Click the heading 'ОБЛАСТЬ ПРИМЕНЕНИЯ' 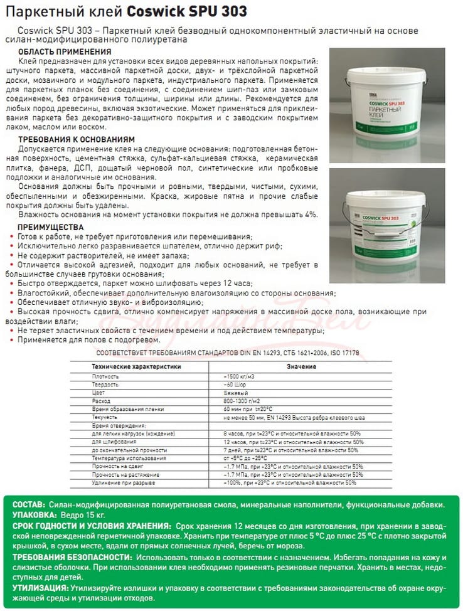[65, 51]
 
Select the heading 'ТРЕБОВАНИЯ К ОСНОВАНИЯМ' [76, 139]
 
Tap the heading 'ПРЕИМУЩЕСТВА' [50, 226]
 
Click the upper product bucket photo [386, 103]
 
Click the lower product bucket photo [386, 217]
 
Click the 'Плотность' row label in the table [105, 376]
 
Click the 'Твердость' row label [105, 384]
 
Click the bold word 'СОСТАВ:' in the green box [28, 505]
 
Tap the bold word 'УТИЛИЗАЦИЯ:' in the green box [40, 588]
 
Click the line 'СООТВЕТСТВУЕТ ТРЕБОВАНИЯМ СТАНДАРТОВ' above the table [228, 353]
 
